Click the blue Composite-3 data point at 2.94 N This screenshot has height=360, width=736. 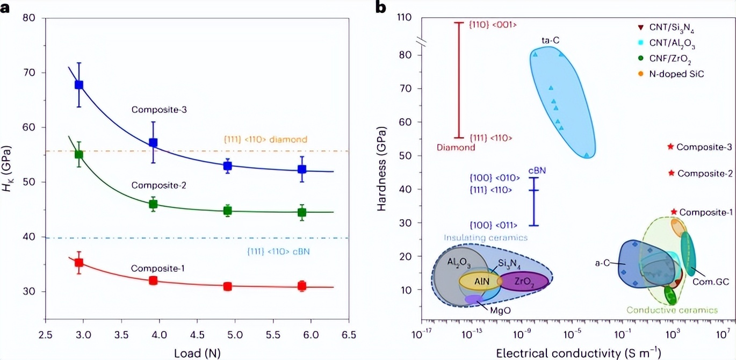pos(79,84)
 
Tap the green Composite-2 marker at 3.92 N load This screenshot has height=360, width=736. pos(153,204)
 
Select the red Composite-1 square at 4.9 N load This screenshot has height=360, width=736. pos(228,286)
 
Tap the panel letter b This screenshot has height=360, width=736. pos(396,8)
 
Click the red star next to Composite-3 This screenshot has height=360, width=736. pos(670,146)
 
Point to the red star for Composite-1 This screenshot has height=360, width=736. pos(674,212)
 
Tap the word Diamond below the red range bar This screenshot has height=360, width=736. pos(456,147)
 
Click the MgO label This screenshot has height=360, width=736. pos(501,310)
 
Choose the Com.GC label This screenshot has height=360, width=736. pos(706,281)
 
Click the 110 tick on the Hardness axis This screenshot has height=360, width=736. pos(405,18)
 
